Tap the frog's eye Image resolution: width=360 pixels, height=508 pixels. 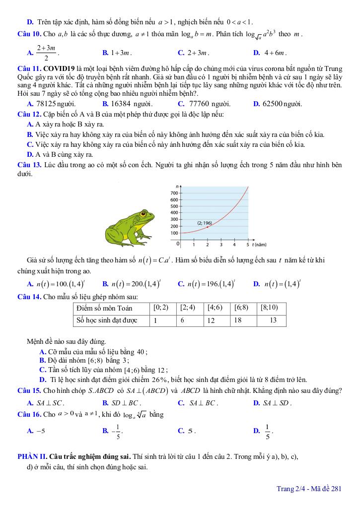click(145, 215)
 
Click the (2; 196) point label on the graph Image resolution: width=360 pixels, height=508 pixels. click(204, 223)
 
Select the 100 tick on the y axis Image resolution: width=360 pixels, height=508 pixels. click(174, 233)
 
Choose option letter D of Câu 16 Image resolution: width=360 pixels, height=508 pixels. click(256, 431)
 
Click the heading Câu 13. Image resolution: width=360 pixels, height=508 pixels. click(29, 165)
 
